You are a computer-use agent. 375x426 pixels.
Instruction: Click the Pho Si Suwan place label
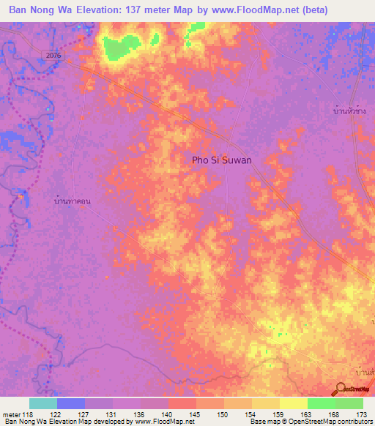click(x=221, y=159)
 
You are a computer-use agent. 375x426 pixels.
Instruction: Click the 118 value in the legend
click(x=30, y=414)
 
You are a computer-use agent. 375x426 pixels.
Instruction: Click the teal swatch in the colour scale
click(x=42, y=403)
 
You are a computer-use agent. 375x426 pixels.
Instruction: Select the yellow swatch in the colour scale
click(x=293, y=403)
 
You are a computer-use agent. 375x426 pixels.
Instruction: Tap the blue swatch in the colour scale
click(x=70, y=403)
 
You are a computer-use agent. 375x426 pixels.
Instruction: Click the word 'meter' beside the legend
click(x=11, y=414)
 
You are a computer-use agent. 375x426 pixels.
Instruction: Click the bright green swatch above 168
click(x=321, y=403)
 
